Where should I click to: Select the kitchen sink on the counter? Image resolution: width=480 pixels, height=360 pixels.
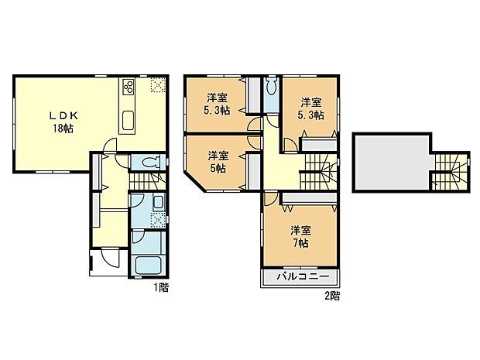(x=129, y=121)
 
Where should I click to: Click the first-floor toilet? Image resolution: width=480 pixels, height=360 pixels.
(x=152, y=163)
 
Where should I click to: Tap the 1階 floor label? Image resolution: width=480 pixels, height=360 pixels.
(x=160, y=287)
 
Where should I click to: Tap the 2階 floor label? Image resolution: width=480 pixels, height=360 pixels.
(x=331, y=295)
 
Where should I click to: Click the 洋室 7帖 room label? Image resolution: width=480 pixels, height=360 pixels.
(x=300, y=236)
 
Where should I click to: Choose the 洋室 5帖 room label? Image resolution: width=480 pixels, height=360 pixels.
(x=218, y=162)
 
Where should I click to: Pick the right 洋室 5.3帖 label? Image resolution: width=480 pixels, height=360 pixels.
(x=311, y=108)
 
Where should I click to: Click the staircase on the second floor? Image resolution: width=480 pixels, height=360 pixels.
(x=319, y=171)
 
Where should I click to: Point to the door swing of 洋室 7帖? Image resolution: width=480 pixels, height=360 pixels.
(x=268, y=198)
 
